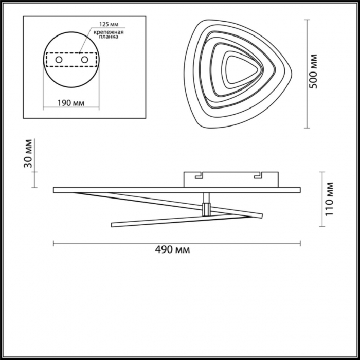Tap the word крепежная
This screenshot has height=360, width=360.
click(x=109, y=32)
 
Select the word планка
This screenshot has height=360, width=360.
click(x=109, y=37)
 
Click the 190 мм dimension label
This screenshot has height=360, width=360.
click(x=71, y=103)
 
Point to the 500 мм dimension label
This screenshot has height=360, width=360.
click(x=313, y=71)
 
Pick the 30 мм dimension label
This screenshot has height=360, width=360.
click(x=28, y=154)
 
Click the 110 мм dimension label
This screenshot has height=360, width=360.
click(x=329, y=200)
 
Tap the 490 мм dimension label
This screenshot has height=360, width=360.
click(x=172, y=249)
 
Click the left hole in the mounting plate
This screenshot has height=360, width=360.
click(x=59, y=60)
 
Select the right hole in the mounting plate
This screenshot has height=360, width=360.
click(x=84, y=60)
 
